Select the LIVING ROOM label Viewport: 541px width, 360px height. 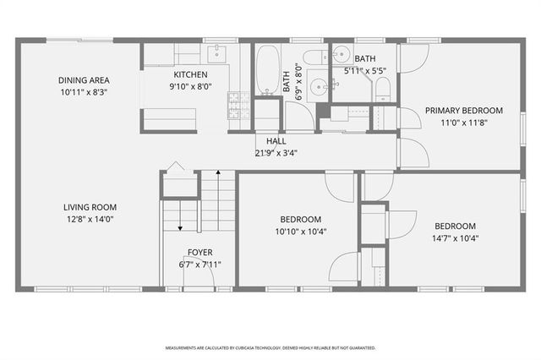tap(90, 207)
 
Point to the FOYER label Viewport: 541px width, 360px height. tap(199, 252)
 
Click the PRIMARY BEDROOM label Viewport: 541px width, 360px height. tap(463, 110)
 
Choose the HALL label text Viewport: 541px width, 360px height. tap(276, 142)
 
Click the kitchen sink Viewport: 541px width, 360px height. tap(216, 54)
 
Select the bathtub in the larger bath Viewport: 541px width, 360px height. tap(269, 72)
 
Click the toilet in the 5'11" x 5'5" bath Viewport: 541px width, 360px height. tap(381, 89)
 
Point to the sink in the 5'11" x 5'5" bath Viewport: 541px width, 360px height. tap(342, 57)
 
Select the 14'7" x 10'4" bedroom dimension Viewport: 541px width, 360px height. tap(455, 238)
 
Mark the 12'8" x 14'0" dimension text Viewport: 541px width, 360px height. tap(90, 219)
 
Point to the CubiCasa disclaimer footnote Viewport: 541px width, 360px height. tap(270, 347)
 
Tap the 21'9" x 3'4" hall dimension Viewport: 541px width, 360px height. tap(276, 153)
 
